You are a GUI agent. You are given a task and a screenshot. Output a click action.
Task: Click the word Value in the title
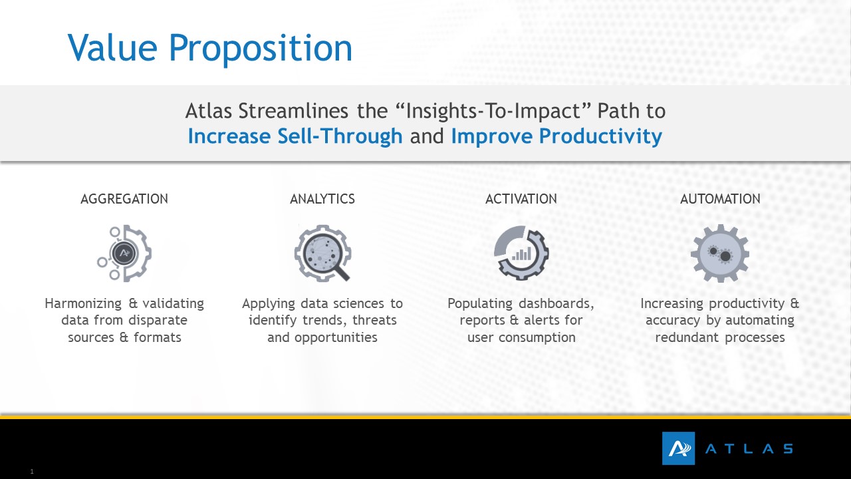click(x=112, y=47)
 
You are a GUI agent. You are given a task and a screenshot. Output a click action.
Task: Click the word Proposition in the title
click(x=261, y=50)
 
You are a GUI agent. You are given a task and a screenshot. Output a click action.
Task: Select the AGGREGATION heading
click(x=124, y=199)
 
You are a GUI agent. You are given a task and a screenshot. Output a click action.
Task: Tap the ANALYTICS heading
click(x=322, y=199)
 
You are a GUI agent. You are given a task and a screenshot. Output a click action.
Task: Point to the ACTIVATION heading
click(x=521, y=199)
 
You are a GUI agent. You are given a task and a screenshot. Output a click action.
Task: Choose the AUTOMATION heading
click(x=720, y=199)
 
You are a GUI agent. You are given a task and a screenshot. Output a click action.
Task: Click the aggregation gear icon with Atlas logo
click(x=124, y=253)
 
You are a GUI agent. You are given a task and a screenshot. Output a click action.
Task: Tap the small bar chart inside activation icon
click(x=522, y=254)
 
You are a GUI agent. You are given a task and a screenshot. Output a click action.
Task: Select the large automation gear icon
click(x=720, y=253)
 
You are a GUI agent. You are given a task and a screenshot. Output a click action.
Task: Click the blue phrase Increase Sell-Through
click(x=295, y=136)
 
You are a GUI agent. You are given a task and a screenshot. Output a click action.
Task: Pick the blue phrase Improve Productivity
click(x=556, y=137)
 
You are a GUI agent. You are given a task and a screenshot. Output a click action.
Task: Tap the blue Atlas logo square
click(x=679, y=448)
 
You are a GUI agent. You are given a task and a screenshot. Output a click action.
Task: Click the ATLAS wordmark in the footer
click(x=749, y=449)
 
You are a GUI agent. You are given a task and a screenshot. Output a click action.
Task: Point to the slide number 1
click(x=32, y=472)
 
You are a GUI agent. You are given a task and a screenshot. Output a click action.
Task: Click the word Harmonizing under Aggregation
click(x=83, y=304)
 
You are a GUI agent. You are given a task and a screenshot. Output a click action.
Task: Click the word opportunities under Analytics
click(x=336, y=337)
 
